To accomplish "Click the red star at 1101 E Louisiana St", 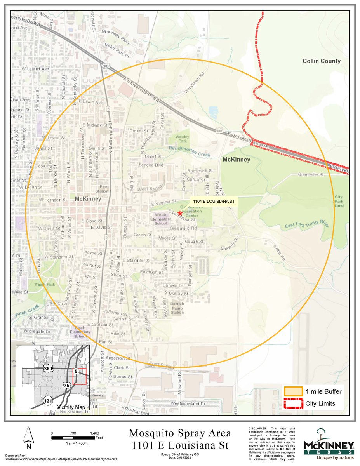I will pyautogui.click(x=180, y=213).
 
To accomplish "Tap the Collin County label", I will pyautogui.click(x=322, y=61).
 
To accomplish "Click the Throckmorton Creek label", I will pyautogui.click(x=189, y=151).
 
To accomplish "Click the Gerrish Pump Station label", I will pyautogui.click(x=177, y=309).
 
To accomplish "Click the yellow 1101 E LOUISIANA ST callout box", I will pyautogui.click(x=213, y=202).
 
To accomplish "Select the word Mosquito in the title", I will pyautogui.click(x=155, y=433).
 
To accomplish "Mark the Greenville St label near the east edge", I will pyautogui.click(x=311, y=175).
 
